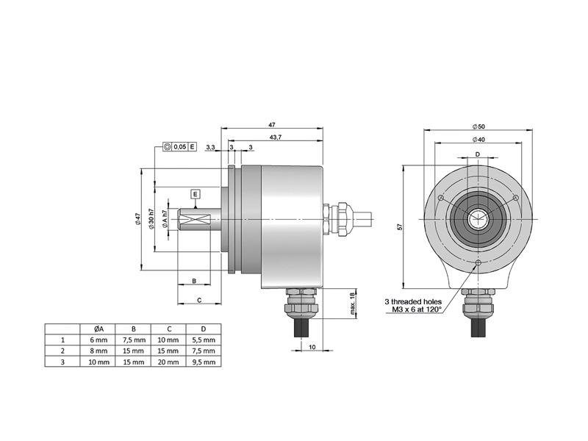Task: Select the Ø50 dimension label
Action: coord(478,126)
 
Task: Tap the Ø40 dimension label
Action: coord(478,140)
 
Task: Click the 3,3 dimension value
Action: coord(211,148)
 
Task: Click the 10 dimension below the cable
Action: coord(312,346)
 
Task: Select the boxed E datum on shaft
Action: coord(196,194)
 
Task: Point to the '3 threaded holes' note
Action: coord(413,301)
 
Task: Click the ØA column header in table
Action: coord(98,329)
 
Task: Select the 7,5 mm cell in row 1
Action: coord(133,340)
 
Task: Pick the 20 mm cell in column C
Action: coord(168,362)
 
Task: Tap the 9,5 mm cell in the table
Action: coord(204,362)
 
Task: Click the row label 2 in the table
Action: coord(62,351)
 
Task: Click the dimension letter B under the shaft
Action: coord(193,282)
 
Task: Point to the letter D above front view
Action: coord(478,154)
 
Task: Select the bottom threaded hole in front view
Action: coord(478,262)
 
